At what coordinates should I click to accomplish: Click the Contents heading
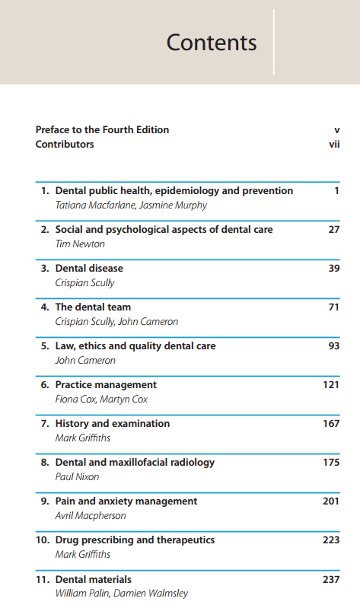pyautogui.click(x=212, y=43)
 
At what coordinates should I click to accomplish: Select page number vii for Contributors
pyautogui.click(x=334, y=145)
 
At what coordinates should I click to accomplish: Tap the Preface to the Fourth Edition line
pyautogui.click(x=103, y=129)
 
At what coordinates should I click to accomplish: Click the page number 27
pyautogui.click(x=334, y=230)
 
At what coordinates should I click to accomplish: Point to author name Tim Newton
pyautogui.click(x=80, y=244)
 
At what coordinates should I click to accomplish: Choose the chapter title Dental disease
pyautogui.click(x=89, y=269)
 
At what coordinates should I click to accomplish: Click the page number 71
pyautogui.click(x=334, y=307)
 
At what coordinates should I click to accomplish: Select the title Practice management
pyautogui.click(x=106, y=384)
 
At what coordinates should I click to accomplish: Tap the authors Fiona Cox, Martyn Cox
pyautogui.click(x=101, y=399)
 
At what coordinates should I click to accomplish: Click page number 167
pyautogui.click(x=331, y=423)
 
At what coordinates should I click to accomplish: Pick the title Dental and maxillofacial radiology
pyautogui.click(x=135, y=462)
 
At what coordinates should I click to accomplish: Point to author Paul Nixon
pyautogui.click(x=77, y=476)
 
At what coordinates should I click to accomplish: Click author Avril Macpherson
pyautogui.click(x=91, y=515)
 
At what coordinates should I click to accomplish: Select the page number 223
pyautogui.click(x=331, y=540)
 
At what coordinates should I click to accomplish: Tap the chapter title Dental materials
pyautogui.click(x=94, y=579)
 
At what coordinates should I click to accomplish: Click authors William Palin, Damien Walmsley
pyautogui.click(x=122, y=594)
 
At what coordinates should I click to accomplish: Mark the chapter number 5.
pyautogui.click(x=45, y=346)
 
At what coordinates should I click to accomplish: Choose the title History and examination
pyautogui.click(x=113, y=423)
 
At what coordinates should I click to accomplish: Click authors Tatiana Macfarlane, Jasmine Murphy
pyautogui.click(x=131, y=205)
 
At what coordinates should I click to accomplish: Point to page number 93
pyautogui.click(x=334, y=346)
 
